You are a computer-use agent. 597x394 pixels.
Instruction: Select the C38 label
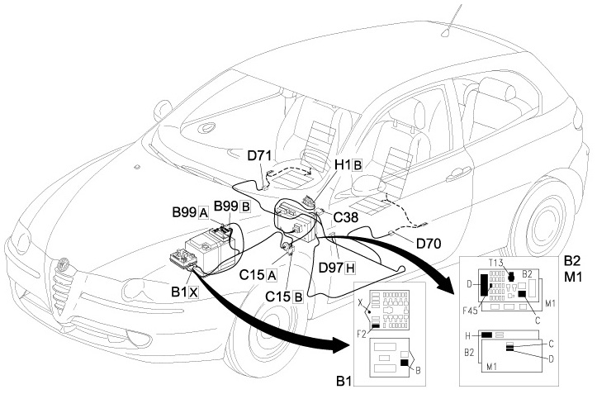pyautogui.click(x=347, y=217)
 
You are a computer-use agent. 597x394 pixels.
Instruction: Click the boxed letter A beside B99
pyautogui.click(x=202, y=212)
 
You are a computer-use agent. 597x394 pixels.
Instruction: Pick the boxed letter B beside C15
pyautogui.click(x=297, y=296)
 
